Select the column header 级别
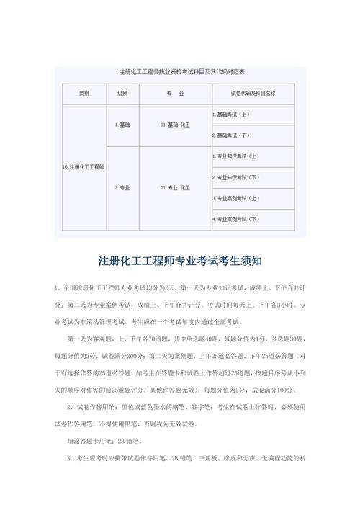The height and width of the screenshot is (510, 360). tap(122, 94)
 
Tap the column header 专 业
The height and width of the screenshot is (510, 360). tap(175, 94)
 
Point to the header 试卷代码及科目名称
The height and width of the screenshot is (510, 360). tap(253, 94)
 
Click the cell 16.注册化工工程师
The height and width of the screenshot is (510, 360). tap(84, 167)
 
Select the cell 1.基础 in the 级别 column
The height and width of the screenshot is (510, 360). tap(122, 125)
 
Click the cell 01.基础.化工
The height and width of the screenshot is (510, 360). tap(175, 125)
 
